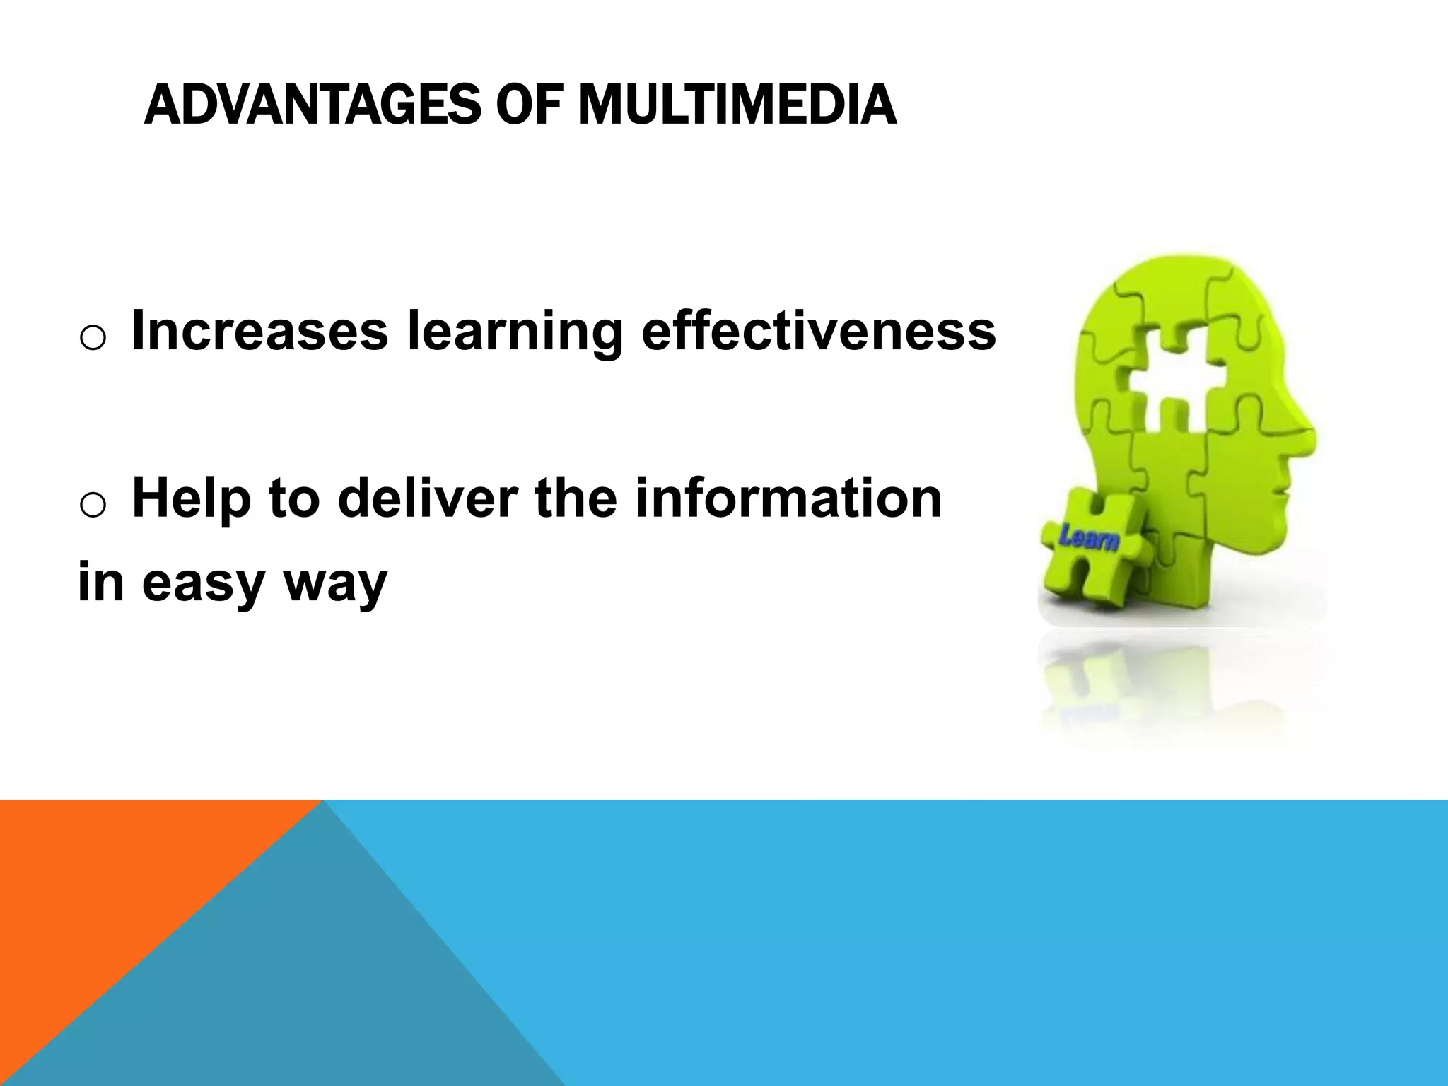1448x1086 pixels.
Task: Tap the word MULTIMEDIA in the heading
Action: point(737,105)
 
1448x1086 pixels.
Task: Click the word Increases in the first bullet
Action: point(259,331)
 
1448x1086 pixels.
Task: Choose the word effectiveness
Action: point(818,331)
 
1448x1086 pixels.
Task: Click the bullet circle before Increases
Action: point(93,338)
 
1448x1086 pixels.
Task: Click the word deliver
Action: point(430,498)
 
